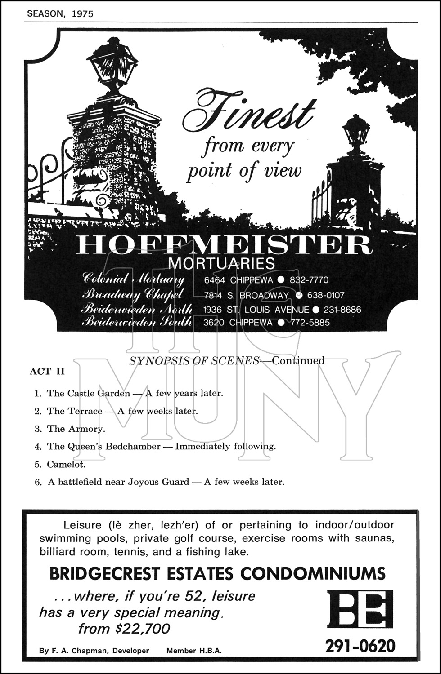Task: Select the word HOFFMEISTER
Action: (x=224, y=245)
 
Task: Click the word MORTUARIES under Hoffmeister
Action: (x=224, y=263)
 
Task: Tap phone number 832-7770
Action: (x=309, y=280)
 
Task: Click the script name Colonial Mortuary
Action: (x=134, y=279)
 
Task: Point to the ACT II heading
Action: (x=47, y=372)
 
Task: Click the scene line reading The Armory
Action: (x=76, y=429)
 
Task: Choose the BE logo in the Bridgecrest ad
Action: (x=360, y=609)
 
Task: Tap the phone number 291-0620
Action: (x=360, y=646)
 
